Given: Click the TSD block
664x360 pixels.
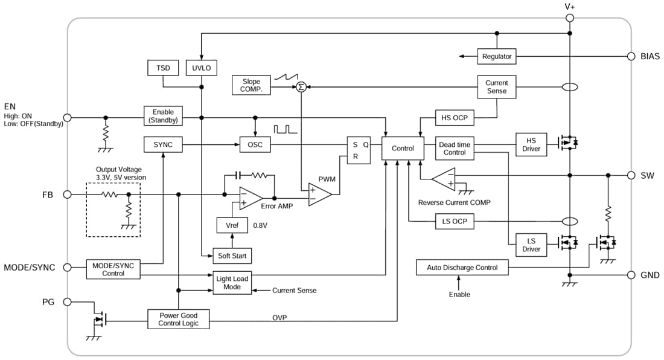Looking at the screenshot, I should (163, 68).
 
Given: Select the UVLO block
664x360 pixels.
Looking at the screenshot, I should (201, 68).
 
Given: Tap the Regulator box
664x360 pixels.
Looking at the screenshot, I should (497, 57).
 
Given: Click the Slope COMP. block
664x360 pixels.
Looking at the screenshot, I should (251, 86).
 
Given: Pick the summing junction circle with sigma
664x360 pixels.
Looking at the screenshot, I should (300, 87).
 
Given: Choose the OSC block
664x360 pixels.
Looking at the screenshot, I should (255, 145).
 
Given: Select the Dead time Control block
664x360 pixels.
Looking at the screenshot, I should (455, 149).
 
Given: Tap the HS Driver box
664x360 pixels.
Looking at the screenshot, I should (531, 145).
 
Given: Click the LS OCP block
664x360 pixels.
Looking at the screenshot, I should (455, 222).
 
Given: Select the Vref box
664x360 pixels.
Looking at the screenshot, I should (232, 225).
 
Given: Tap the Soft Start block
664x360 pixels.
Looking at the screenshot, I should (232, 256).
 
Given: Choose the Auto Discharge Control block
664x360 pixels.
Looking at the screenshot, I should (462, 268).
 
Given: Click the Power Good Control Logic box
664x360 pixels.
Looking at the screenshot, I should (178, 319).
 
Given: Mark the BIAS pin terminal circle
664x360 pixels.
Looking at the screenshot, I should (630, 57).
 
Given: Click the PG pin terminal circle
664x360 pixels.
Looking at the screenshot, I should (68, 301).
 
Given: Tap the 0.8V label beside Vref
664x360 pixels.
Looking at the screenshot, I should (260, 225).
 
